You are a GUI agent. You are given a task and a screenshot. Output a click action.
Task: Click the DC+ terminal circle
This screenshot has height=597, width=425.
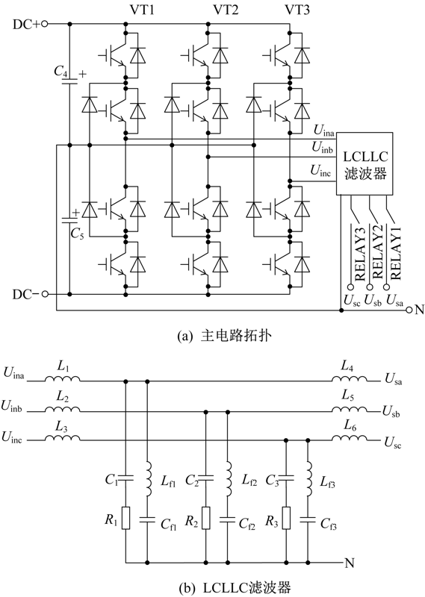[x=45, y=24]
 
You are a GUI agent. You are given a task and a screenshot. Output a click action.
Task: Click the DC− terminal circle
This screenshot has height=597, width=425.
[x=45, y=294]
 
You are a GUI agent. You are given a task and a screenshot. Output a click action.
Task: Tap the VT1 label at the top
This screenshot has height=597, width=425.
[x=142, y=9]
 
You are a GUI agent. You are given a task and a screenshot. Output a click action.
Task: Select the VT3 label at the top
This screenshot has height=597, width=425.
[x=297, y=9]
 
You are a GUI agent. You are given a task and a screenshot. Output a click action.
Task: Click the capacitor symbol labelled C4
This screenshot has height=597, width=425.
[x=69, y=81]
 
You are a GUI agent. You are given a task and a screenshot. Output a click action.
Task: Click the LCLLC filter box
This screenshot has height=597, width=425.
[x=364, y=163]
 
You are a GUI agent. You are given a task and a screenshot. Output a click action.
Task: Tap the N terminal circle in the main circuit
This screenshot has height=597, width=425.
[x=409, y=310]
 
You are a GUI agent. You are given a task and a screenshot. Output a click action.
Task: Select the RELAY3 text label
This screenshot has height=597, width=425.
[x=360, y=254]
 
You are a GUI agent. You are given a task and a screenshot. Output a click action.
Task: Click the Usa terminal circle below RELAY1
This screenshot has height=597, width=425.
[x=386, y=287]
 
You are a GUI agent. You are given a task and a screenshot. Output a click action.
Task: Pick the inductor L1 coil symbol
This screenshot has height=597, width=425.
[x=63, y=378]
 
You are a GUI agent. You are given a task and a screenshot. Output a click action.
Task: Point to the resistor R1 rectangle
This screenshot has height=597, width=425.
[x=125, y=518]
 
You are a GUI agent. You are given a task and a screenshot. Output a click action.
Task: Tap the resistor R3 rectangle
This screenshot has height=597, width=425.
[x=286, y=518]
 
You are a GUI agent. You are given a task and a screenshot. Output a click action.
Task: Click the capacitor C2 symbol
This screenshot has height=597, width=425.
[x=206, y=478]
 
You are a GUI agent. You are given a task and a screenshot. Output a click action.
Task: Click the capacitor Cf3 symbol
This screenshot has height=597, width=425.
[x=308, y=519]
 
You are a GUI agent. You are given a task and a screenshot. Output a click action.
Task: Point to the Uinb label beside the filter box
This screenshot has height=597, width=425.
[x=322, y=147]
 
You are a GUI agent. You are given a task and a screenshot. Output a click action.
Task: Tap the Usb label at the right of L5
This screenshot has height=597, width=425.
[x=391, y=412]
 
